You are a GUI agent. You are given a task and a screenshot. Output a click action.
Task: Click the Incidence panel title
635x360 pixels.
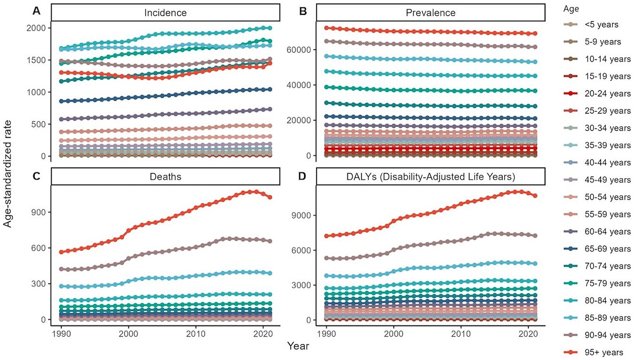point(165,13)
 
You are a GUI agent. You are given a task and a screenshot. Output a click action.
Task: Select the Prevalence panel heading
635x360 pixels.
point(430,13)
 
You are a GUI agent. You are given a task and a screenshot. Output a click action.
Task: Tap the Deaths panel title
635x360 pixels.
point(165,176)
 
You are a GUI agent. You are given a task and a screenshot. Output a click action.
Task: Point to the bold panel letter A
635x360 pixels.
point(36,11)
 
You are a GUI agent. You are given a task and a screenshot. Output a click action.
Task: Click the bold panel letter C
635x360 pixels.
point(36,176)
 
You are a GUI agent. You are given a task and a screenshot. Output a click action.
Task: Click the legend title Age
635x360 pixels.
point(571,9)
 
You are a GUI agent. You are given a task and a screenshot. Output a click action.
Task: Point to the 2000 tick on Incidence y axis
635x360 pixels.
point(36,28)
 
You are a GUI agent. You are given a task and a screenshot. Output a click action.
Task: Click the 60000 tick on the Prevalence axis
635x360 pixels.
point(299,50)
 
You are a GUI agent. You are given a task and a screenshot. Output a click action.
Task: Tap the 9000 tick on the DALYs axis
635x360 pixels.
point(302,215)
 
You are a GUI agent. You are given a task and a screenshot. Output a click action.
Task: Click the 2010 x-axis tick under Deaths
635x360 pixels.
point(196,334)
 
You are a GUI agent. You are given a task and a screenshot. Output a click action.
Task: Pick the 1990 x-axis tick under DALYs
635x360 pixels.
point(327,334)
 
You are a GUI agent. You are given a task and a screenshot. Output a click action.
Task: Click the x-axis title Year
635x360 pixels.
point(298,346)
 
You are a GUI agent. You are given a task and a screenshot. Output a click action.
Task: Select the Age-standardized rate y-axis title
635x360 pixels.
point(7,174)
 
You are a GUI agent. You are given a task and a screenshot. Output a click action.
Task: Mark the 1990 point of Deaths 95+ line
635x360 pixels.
point(61,252)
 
